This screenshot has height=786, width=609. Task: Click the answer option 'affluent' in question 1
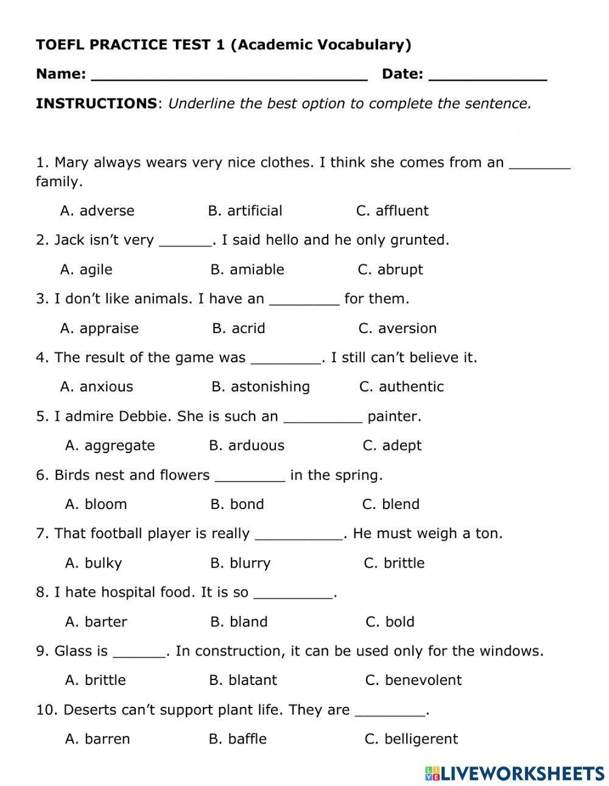(x=402, y=211)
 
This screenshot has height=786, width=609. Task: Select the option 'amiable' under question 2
(x=256, y=269)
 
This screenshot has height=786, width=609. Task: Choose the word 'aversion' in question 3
(x=407, y=328)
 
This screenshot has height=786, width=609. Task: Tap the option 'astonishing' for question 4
(x=270, y=387)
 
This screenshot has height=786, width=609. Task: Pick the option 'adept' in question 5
(x=401, y=446)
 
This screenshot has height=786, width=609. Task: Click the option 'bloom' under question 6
(x=105, y=504)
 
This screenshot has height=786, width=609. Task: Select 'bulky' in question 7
(x=103, y=563)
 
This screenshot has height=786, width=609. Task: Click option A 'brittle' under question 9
(x=105, y=680)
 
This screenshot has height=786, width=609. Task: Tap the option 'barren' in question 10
(x=107, y=739)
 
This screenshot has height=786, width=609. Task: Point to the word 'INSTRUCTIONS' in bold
(x=96, y=104)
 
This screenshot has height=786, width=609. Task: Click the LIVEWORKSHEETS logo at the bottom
(x=515, y=773)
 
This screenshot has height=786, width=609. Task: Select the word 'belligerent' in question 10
(x=421, y=739)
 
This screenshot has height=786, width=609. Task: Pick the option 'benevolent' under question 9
(x=423, y=680)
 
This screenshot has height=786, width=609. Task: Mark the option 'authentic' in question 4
(x=411, y=387)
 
